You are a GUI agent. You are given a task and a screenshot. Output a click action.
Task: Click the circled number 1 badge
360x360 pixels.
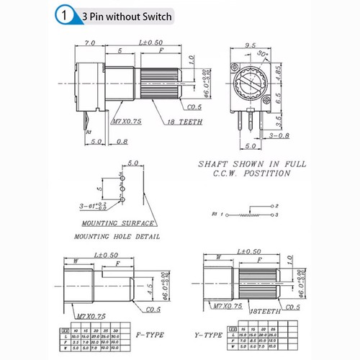click(66, 14)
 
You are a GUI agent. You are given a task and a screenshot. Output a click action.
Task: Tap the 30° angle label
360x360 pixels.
click(264, 54)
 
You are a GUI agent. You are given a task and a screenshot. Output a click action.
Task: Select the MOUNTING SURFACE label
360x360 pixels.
click(110, 223)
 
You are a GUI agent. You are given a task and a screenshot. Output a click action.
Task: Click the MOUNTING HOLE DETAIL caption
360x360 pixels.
click(117, 236)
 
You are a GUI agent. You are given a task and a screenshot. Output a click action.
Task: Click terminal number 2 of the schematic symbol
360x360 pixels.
click(276, 207)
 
